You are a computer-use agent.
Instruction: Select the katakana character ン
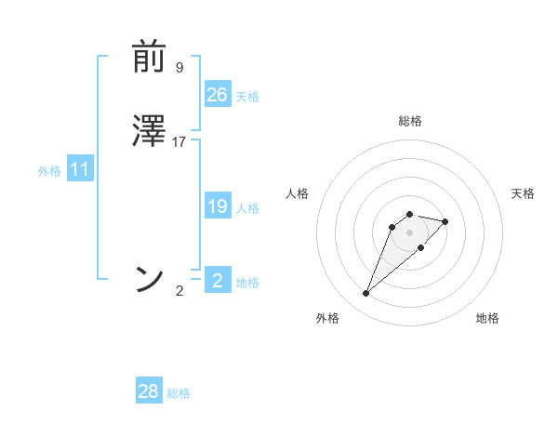tap(150, 278)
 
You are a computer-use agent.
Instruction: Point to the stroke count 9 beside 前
tap(179, 68)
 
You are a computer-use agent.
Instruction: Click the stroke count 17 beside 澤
tap(179, 142)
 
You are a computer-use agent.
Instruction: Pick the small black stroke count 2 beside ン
tap(179, 291)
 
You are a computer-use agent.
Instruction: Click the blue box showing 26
tap(218, 94)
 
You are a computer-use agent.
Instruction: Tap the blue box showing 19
tap(218, 206)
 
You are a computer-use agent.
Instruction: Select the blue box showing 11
tap(80, 169)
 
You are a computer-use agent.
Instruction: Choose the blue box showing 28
tap(149, 391)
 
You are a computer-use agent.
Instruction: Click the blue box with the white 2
tap(218, 280)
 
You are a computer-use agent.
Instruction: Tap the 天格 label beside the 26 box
tap(247, 97)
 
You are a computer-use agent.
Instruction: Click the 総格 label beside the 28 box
tap(179, 394)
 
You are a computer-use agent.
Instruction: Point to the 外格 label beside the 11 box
tap(49, 172)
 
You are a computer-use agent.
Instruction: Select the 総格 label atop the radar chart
tap(410, 122)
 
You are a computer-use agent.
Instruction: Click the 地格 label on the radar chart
tap(487, 319)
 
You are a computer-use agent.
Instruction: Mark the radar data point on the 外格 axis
tap(365, 294)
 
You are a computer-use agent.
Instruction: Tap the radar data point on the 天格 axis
tap(445, 221)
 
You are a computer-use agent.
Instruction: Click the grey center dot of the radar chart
tap(409, 232)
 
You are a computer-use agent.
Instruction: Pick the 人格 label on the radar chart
tap(297, 193)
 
